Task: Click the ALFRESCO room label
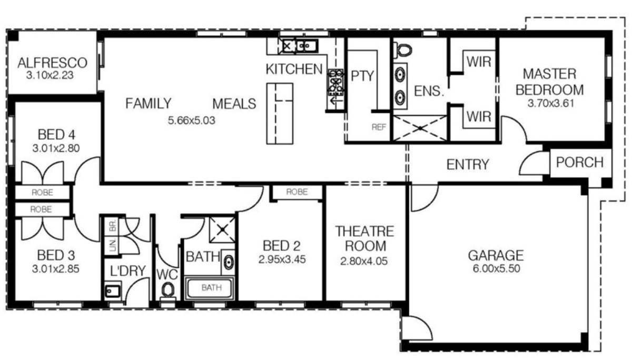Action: coord(52,63)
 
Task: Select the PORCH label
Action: coord(580,162)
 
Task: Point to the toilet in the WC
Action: coord(168,290)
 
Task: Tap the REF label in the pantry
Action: coord(379,127)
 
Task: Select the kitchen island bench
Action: coord(279,113)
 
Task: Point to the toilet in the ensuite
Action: coord(403,49)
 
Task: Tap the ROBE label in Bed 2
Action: coord(297,192)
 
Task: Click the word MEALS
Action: coord(234,104)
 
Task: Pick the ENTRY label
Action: coord(468,165)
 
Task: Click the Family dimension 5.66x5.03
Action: coord(192,120)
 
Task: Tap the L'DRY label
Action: coord(127,272)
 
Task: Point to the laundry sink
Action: coord(113,291)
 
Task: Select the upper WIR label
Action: coord(479,62)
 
